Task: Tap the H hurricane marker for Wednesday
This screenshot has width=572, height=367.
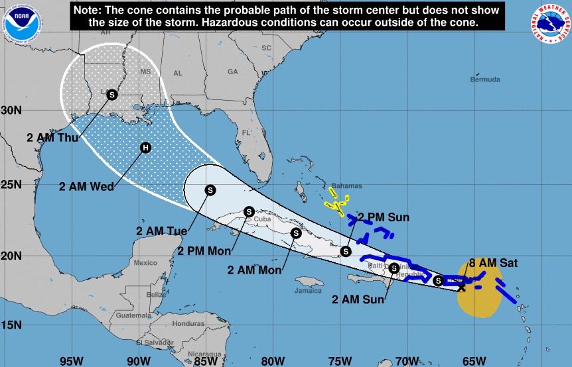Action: pyautogui.click(x=145, y=148)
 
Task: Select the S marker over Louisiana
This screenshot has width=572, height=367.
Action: pyautogui.click(x=112, y=95)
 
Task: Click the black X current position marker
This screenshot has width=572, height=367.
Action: pyautogui.click(x=462, y=287)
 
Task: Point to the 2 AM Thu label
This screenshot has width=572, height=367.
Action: pyautogui.click(x=53, y=138)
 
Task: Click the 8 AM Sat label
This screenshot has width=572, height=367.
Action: pyautogui.click(x=492, y=263)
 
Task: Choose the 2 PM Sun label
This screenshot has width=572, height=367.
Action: pyautogui.click(x=384, y=217)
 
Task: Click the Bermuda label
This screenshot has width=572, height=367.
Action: pyautogui.click(x=484, y=79)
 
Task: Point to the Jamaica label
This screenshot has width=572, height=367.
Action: pyautogui.click(x=308, y=290)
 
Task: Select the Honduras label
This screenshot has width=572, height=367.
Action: pyautogui.click(x=187, y=323)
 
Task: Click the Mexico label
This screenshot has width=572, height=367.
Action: pyautogui.click(x=145, y=263)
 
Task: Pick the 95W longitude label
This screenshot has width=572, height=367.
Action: pyautogui.click(x=71, y=361)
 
